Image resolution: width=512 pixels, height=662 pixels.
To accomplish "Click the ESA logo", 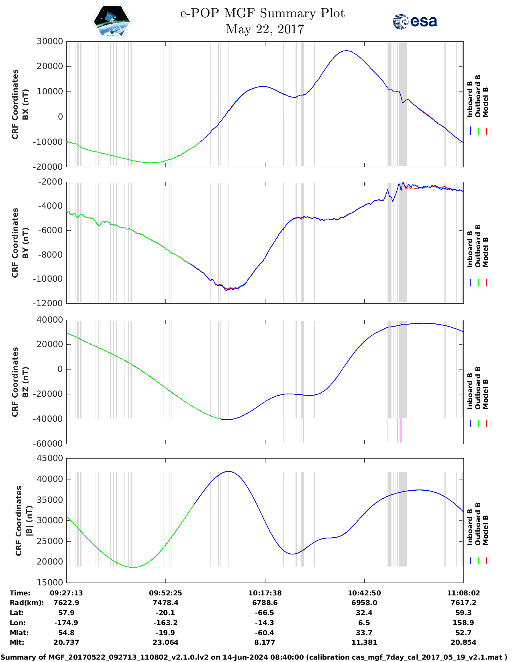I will point(414,21).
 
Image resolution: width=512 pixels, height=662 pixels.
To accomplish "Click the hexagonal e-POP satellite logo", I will point(112,21).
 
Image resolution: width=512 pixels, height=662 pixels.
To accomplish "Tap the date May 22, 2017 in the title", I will point(265,29).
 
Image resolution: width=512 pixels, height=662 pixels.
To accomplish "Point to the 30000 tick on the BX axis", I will point(50,41).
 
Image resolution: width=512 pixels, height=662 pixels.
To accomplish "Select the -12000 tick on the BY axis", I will point(50,303).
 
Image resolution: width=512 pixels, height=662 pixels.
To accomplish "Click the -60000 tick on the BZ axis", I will point(50,444).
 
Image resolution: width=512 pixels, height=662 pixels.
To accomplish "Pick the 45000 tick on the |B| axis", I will point(50,458).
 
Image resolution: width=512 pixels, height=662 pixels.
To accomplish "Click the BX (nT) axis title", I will point(25,104).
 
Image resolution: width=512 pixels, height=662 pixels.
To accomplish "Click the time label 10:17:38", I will point(265,593).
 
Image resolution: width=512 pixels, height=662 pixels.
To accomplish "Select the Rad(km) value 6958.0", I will point(364,603).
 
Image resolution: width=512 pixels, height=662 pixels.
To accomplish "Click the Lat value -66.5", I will point(265,613).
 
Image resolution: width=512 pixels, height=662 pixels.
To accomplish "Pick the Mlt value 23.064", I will point(165,642).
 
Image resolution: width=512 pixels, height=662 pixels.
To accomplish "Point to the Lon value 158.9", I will point(463,623).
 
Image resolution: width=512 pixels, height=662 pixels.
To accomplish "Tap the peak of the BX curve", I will point(346,51).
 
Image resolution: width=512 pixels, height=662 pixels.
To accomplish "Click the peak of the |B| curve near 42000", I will point(228,471).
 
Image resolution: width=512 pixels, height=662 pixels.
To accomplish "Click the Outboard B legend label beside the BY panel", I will point(478,246).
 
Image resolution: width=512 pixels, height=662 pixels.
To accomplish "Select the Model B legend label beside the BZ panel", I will point(485,394).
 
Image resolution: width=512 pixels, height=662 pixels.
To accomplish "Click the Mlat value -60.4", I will point(265,633).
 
